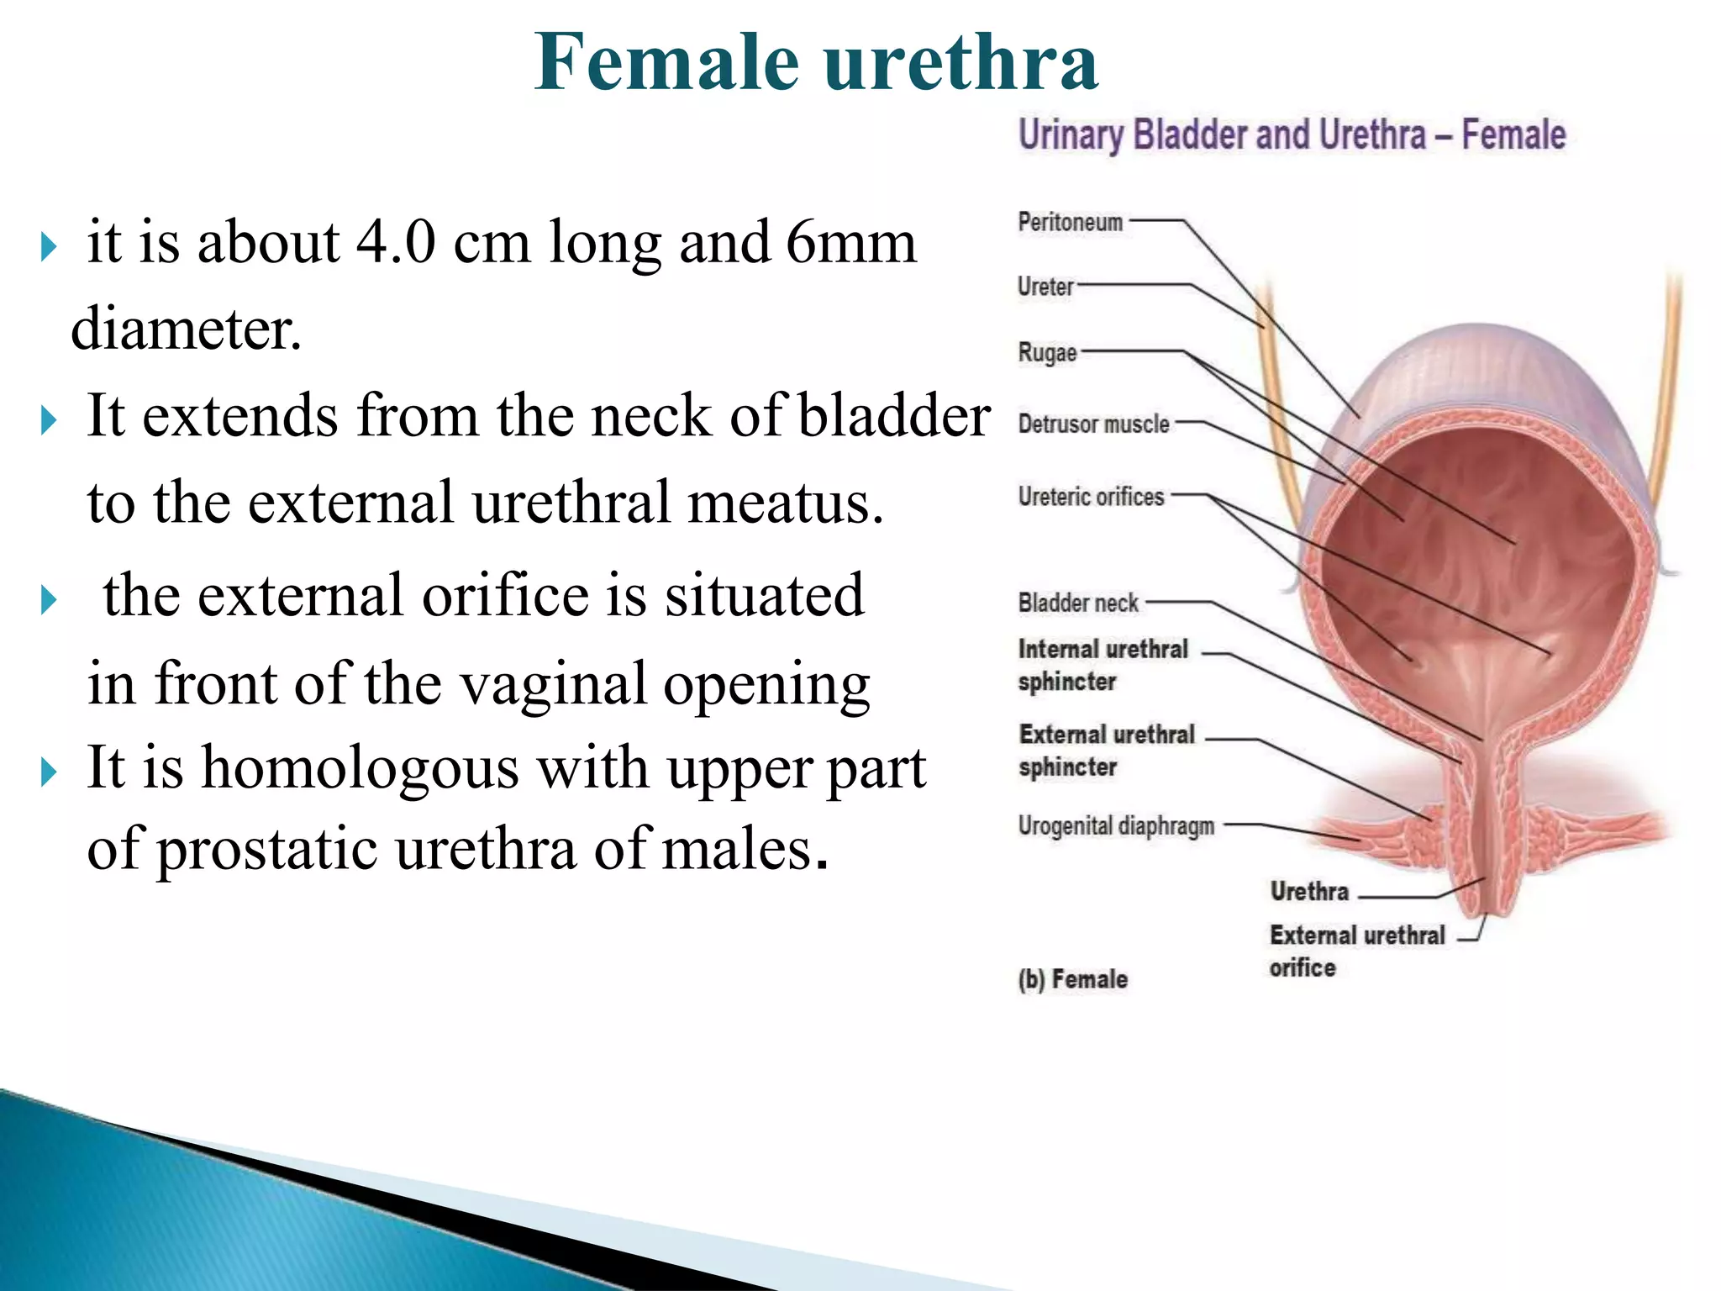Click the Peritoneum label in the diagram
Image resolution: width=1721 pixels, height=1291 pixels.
point(1070,223)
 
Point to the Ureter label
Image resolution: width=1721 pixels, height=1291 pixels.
point(1045,287)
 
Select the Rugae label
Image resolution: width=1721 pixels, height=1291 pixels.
point(1047,353)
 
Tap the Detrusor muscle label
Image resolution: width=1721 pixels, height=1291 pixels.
point(1093,424)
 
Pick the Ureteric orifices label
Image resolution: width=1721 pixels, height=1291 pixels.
point(1091,498)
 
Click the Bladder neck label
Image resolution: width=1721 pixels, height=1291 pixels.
point(1078,603)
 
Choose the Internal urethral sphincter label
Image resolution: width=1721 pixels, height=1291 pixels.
point(1102,665)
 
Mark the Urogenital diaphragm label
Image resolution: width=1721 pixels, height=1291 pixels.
point(1116,826)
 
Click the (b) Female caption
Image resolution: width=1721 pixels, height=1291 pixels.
point(1072,980)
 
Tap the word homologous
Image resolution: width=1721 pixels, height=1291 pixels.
point(360,768)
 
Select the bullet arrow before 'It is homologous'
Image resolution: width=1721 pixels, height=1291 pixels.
point(49,772)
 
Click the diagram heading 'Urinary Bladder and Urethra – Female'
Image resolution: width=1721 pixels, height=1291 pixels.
point(1292,135)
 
